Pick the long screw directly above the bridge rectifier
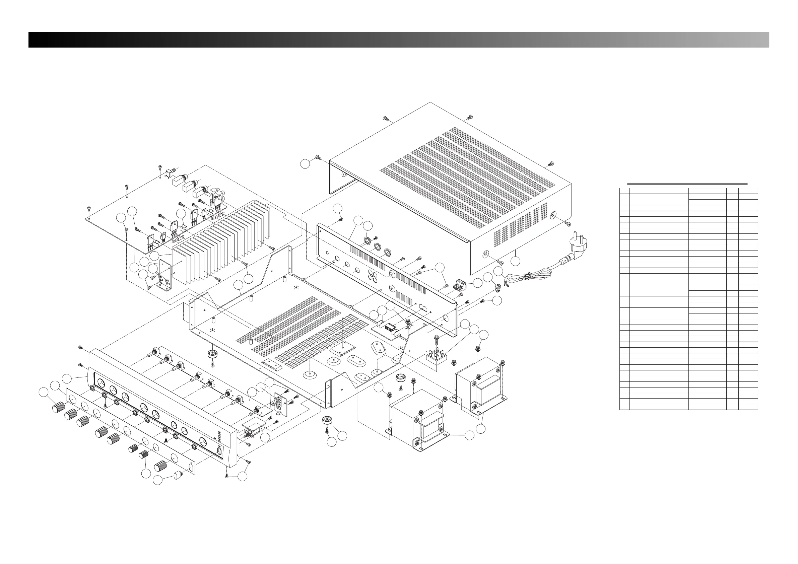(436, 339)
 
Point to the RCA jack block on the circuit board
(216, 197)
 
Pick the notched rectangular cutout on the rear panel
(423, 307)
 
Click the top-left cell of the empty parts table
(624, 191)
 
